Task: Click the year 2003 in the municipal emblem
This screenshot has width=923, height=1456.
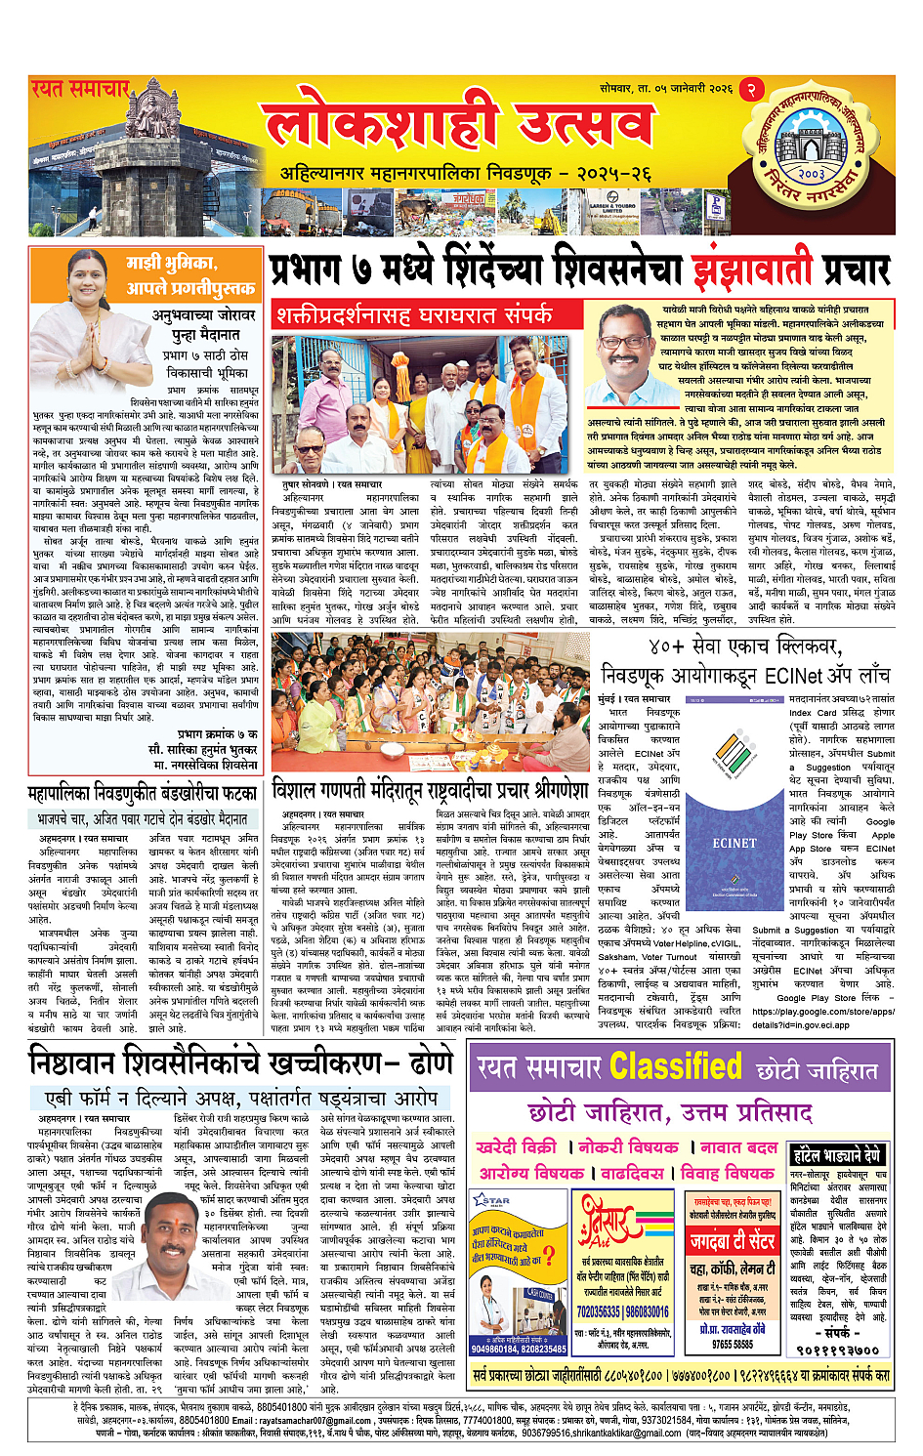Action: pyautogui.click(x=811, y=172)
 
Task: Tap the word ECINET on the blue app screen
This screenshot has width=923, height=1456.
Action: pyautogui.click(x=734, y=842)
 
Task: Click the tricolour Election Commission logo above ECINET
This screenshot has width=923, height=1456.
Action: pyautogui.click(x=734, y=770)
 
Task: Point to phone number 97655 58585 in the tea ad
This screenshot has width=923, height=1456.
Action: pyautogui.click(x=732, y=1344)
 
